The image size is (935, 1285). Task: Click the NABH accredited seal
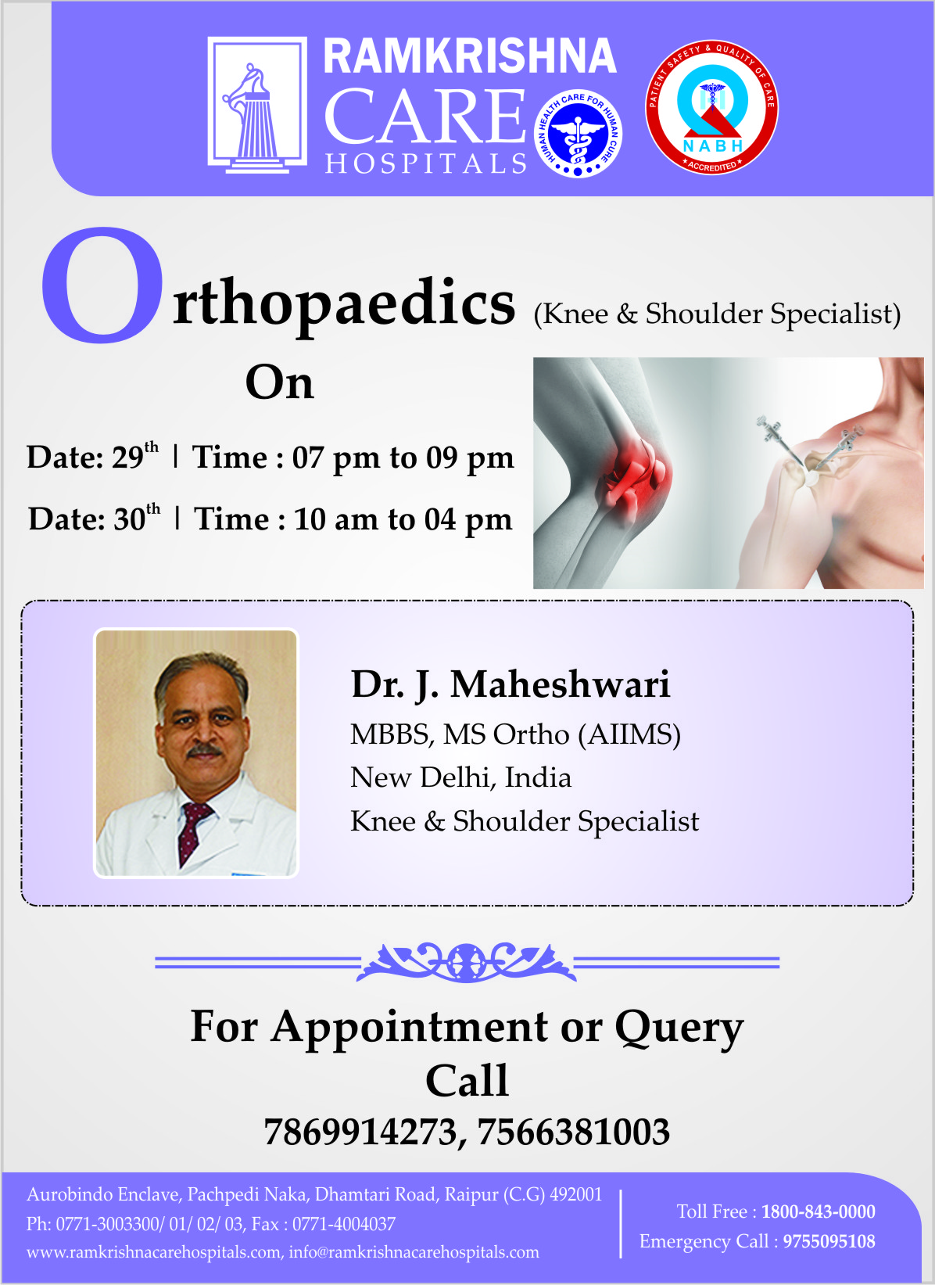(x=711, y=107)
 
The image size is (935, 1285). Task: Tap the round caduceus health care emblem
(x=578, y=133)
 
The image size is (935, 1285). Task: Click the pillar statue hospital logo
(x=257, y=105)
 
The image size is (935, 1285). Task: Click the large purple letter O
(x=102, y=285)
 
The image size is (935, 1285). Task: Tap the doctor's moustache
(x=204, y=750)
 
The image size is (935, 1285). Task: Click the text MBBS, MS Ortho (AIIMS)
(x=515, y=734)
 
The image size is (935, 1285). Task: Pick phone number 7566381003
(x=573, y=1132)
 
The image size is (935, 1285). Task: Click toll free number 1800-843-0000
(x=818, y=1211)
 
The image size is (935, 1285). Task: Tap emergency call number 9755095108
(x=829, y=1241)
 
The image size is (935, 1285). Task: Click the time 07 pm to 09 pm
(x=403, y=458)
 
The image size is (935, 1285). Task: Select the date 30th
(x=137, y=518)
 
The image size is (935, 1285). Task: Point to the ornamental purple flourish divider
(x=467, y=962)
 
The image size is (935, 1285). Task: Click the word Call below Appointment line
(x=467, y=1080)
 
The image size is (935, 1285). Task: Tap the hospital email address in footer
(x=414, y=1251)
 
